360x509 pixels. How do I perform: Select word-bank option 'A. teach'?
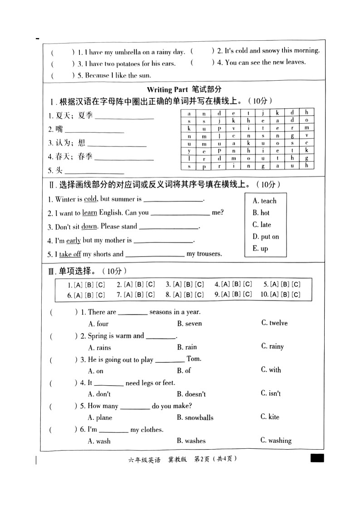click(x=264, y=201)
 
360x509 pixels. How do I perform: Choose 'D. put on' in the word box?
click(x=266, y=237)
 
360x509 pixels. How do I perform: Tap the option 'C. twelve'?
click(x=274, y=323)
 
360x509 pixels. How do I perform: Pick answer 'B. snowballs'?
click(x=195, y=417)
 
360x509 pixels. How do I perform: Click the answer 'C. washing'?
click(x=276, y=440)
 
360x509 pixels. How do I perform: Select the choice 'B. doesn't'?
click(x=191, y=394)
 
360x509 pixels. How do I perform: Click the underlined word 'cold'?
click(x=90, y=199)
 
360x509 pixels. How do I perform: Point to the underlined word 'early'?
click(x=73, y=241)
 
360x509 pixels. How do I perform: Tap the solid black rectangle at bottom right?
click(x=317, y=458)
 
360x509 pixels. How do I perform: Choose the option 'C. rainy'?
click(x=272, y=346)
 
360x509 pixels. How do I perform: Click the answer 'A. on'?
click(x=96, y=371)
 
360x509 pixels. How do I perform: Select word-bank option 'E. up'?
click(x=260, y=248)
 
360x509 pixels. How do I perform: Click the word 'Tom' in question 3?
click(x=194, y=359)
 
